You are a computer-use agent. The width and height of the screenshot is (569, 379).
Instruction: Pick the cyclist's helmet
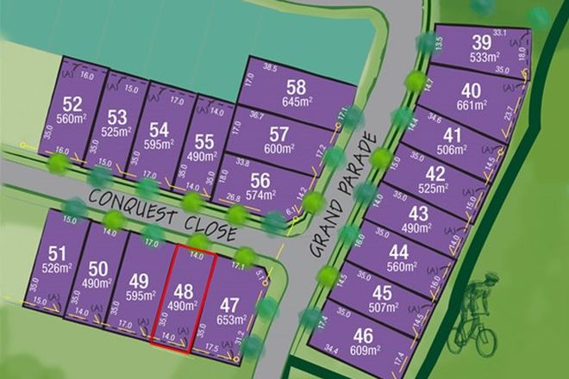click(491, 278)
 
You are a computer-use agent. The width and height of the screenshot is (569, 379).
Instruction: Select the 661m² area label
click(471, 104)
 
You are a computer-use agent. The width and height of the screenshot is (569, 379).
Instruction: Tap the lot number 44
click(398, 252)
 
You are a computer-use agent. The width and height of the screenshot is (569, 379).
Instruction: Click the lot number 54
click(159, 129)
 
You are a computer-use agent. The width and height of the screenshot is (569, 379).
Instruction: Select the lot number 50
click(98, 268)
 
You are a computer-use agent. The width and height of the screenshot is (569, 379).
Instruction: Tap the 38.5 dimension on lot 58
click(272, 66)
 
